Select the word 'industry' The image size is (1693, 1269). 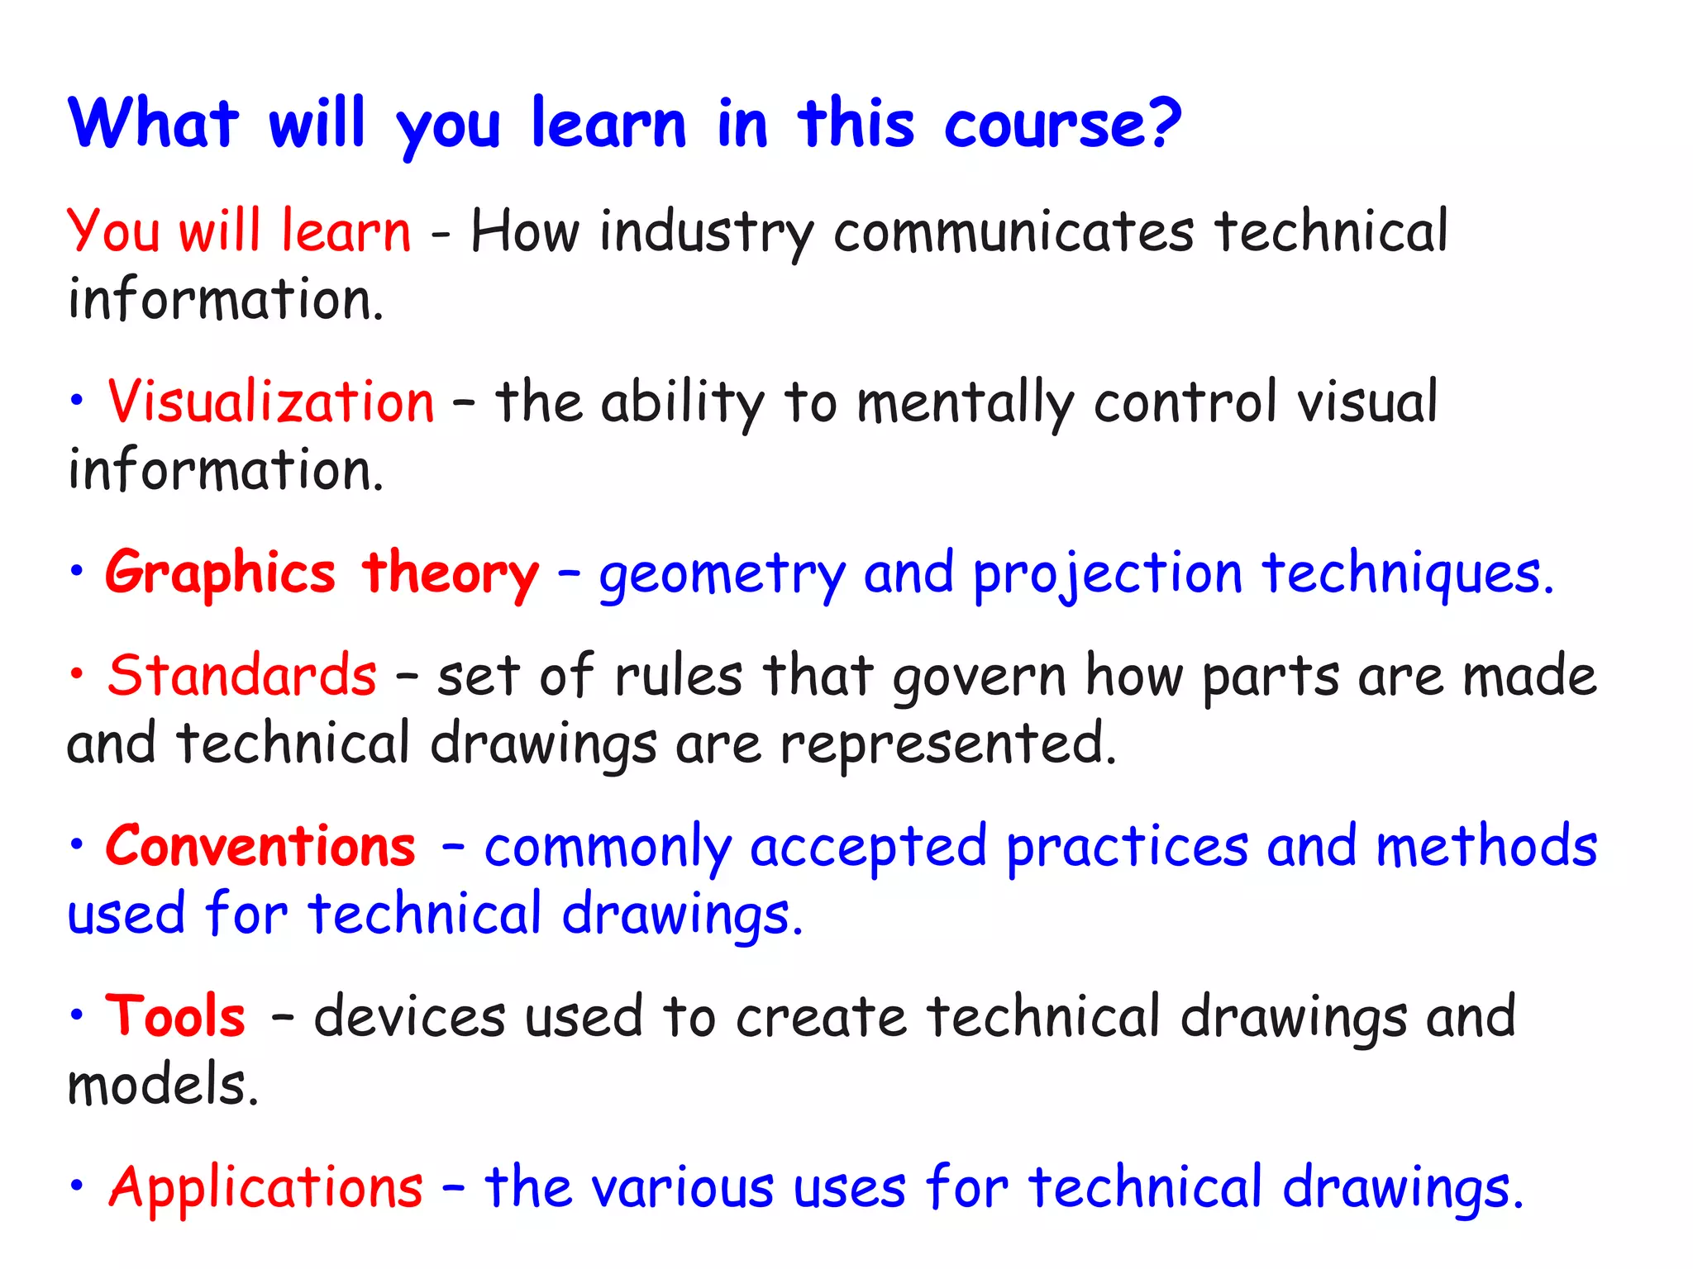point(707,232)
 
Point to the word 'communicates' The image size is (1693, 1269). point(1013,232)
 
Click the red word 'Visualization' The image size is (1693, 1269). point(270,402)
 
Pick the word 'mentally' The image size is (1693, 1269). point(964,404)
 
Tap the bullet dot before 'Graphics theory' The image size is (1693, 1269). point(77,571)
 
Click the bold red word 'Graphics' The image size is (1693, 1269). point(220,574)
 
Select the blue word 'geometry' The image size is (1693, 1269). point(723,576)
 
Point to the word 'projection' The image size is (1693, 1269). point(1108,576)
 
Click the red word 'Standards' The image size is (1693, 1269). point(242,676)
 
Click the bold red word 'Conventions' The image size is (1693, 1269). point(260,847)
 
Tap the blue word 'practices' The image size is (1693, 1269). point(1127,848)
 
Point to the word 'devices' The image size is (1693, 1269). point(410,1017)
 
